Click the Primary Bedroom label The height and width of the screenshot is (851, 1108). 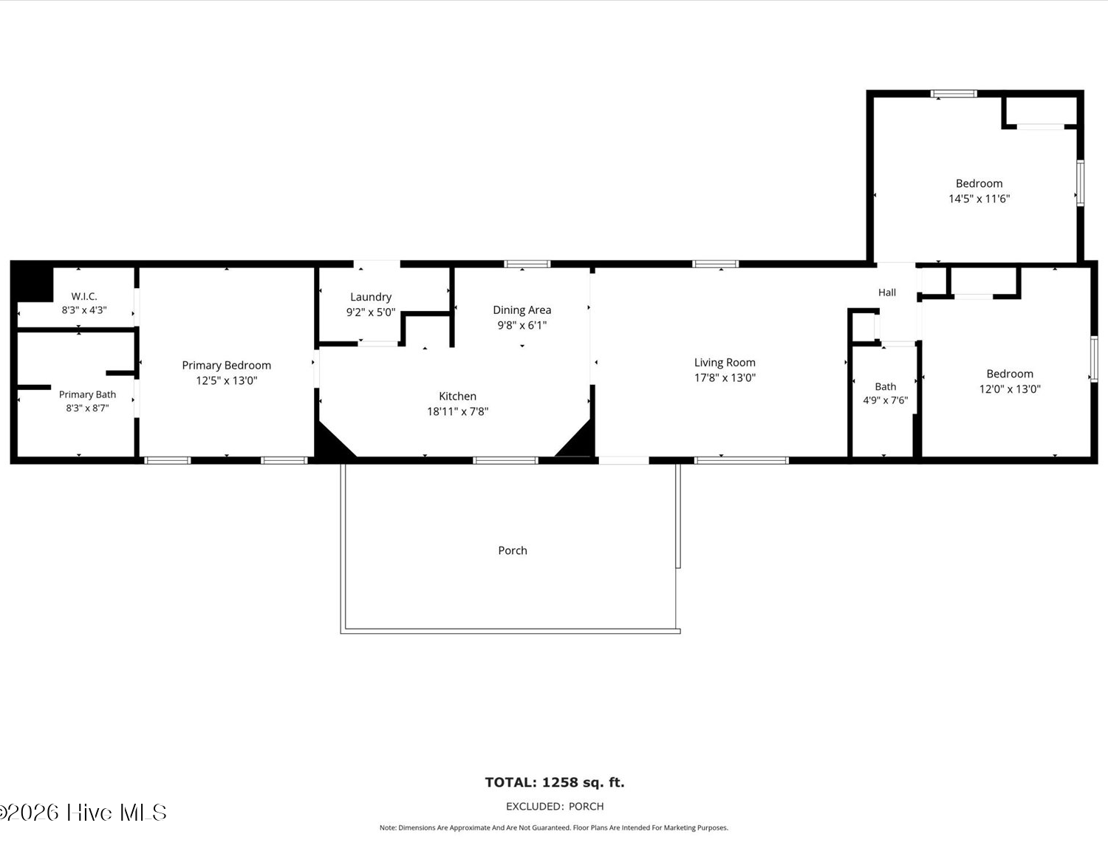click(226, 365)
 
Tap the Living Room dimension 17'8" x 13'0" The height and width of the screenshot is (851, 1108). click(725, 377)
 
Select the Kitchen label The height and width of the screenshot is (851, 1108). click(457, 396)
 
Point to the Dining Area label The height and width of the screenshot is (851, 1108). click(521, 310)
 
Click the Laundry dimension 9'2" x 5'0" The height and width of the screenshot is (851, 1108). click(371, 312)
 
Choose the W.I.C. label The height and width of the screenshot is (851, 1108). click(84, 296)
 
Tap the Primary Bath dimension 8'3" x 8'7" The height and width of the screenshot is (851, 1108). click(87, 408)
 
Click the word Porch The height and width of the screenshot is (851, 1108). click(513, 550)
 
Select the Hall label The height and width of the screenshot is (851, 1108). click(886, 293)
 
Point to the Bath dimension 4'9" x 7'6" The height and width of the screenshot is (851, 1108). click(885, 400)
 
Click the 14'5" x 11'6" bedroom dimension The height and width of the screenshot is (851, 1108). click(979, 199)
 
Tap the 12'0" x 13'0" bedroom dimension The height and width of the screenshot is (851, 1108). click(1010, 389)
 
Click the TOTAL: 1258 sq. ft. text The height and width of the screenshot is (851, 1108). click(554, 782)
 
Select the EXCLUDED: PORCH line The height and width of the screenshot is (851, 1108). click(554, 806)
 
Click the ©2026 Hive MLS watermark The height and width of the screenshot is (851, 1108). click(83, 813)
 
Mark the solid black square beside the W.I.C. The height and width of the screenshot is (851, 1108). click(32, 284)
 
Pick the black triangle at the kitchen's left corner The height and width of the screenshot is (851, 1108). click(334, 439)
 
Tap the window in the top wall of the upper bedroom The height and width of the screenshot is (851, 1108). click(954, 94)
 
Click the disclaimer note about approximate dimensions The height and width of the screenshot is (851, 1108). click(554, 827)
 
